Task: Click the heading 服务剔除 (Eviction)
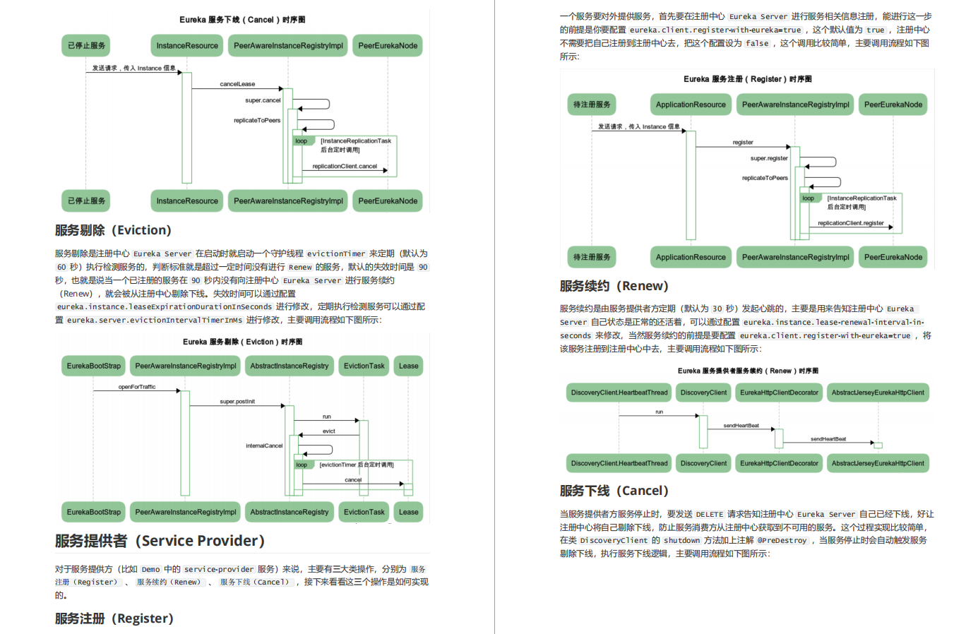pyautogui.click(x=113, y=230)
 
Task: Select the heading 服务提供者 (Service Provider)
pyautogui.click(x=160, y=541)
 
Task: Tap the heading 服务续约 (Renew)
pyautogui.click(x=614, y=286)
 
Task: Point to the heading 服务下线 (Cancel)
pyautogui.click(x=614, y=491)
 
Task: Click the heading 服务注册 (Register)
pyautogui.click(x=114, y=618)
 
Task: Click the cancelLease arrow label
pyautogui.click(x=237, y=84)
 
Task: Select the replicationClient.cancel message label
pyautogui.click(x=345, y=167)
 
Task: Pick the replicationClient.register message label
pyautogui.click(x=850, y=223)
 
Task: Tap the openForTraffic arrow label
pyautogui.click(x=137, y=387)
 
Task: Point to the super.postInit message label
pyautogui.click(x=237, y=402)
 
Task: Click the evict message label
pyautogui.click(x=329, y=431)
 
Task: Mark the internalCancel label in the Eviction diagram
pyautogui.click(x=264, y=446)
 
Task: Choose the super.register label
pyautogui.click(x=769, y=158)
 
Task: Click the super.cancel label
pyautogui.click(x=263, y=100)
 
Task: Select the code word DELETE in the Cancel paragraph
pyautogui.click(x=709, y=515)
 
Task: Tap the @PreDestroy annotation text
pyautogui.click(x=782, y=541)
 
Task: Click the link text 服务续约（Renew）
pyautogui.click(x=169, y=582)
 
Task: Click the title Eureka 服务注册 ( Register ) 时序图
pyautogui.click(x=747, y=79)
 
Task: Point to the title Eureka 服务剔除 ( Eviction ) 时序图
pyautogui.click(x=242, y=342)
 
